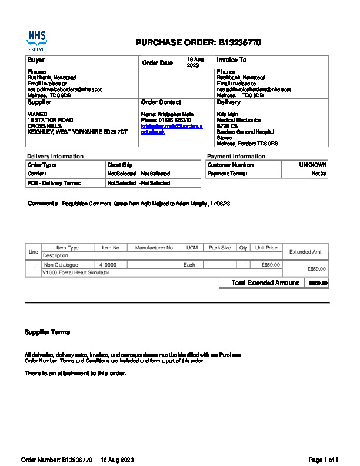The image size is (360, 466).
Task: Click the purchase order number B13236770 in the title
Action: pos(240,43)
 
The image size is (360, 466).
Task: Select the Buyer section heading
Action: pos(36,60)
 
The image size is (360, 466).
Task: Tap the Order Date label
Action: pos(158,63)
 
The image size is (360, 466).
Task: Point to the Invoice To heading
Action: pos(231,60)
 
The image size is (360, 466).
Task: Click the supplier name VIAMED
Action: pos(38,114)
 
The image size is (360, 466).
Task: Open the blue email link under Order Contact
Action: pos(171,129)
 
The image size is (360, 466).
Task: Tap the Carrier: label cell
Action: pos(37,174)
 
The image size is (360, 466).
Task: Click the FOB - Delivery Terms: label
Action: pos(54,183)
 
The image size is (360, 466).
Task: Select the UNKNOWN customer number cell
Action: pos(314,165)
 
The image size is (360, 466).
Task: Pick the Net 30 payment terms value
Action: pos(319,174)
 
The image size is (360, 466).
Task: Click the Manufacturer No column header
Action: pos(154,248)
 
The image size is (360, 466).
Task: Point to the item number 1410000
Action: pos(106,265)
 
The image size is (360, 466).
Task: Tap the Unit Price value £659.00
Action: pos(271,265)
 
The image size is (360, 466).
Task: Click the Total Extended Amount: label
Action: pos(266,283)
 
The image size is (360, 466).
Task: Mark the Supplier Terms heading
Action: pos(47,332)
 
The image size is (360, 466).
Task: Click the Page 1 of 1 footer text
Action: pos(324,460)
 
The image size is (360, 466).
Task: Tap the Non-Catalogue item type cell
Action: pos(61,265)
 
